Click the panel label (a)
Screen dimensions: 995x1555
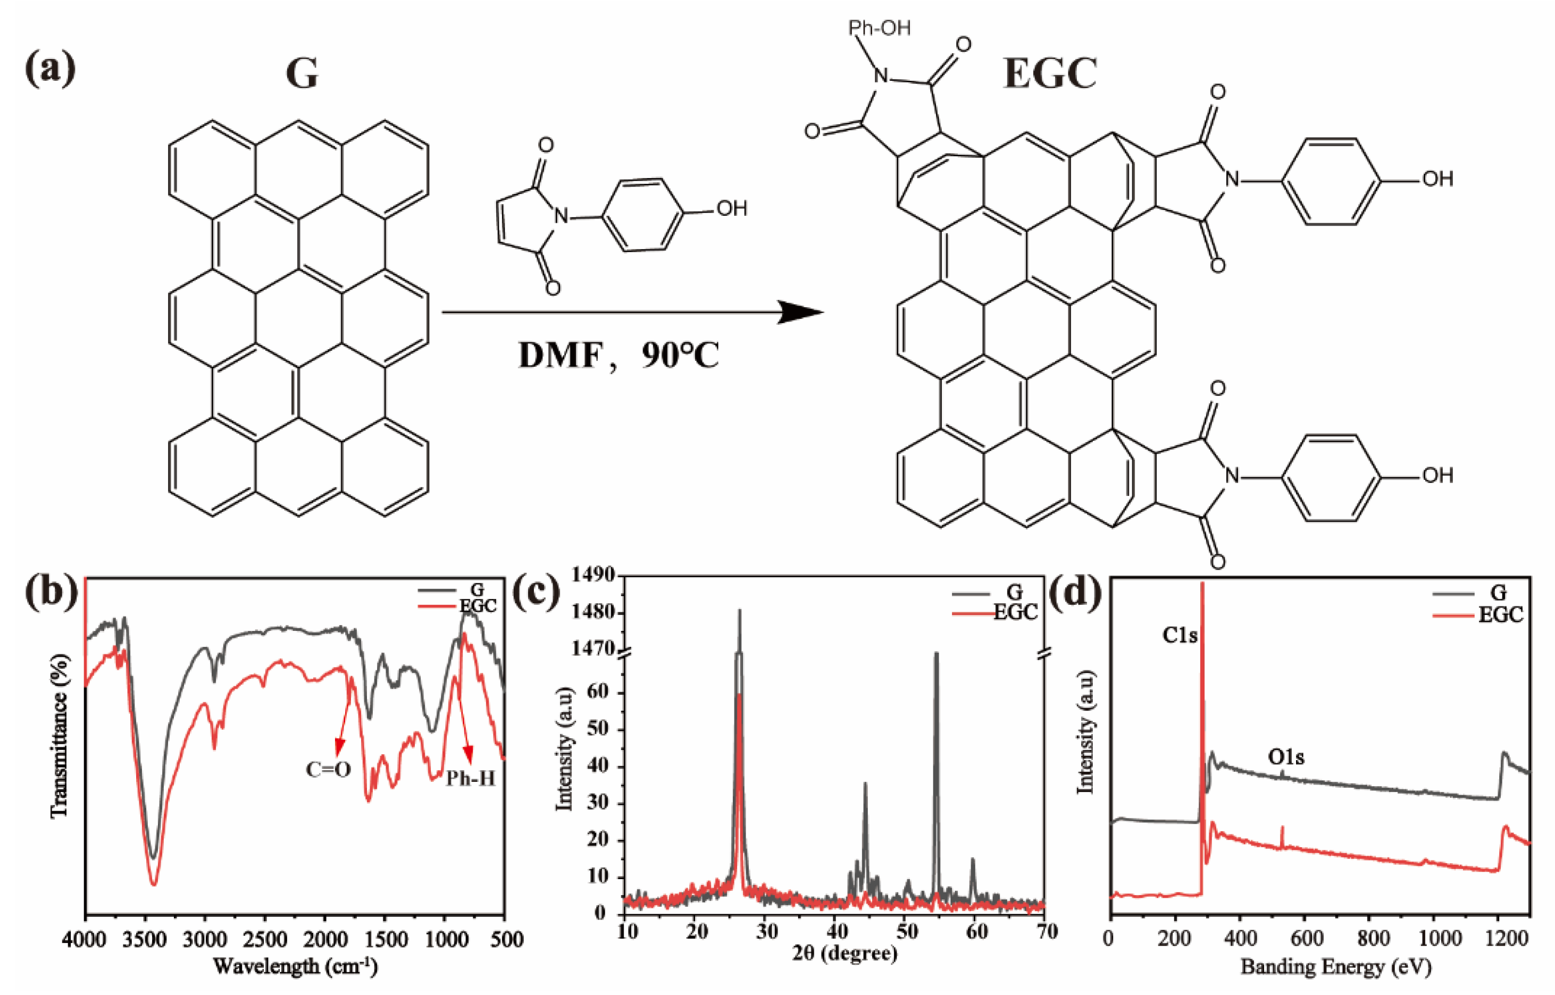coord(50,69)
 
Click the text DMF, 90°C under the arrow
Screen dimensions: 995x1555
coord(618,355)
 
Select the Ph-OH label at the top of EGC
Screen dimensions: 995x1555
coord(879,28)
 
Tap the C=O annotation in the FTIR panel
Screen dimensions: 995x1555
coord(328,769)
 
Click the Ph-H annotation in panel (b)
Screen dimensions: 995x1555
coord(470,778)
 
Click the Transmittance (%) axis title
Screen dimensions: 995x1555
coord(60,736)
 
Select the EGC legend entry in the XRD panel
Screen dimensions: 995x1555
coord(1014,612)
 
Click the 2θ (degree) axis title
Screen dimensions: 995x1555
coord(844,953)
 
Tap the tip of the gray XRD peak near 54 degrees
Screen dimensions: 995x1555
coord(936,653)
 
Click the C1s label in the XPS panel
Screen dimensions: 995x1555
coord(1180,635)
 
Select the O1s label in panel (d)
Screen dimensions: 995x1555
coord(1286,756)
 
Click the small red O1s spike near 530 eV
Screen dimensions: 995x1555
coord(1282,828)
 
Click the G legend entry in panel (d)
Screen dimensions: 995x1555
coord(1498,593)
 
